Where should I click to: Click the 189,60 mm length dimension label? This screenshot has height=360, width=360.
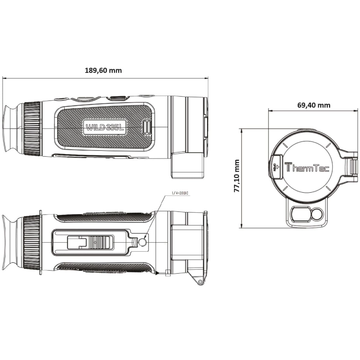[x=103, y=70]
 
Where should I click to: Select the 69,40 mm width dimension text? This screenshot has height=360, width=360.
[x=314, y=105]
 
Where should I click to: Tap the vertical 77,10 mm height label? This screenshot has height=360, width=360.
[x=237, y=176]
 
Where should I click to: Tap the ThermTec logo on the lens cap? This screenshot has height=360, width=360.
[x=307, y=168]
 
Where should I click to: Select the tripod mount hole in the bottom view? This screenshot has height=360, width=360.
[x=143, y=243]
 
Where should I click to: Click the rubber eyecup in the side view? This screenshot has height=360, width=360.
[x=13, y=129]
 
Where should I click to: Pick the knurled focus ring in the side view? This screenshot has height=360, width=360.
[x=32, y=129]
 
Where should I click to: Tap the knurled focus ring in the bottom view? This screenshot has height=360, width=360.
[x=32, y=243]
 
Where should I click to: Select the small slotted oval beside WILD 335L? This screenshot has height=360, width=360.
[x=147, y=127]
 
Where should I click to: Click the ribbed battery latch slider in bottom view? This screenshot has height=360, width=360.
[x=101, y=243]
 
